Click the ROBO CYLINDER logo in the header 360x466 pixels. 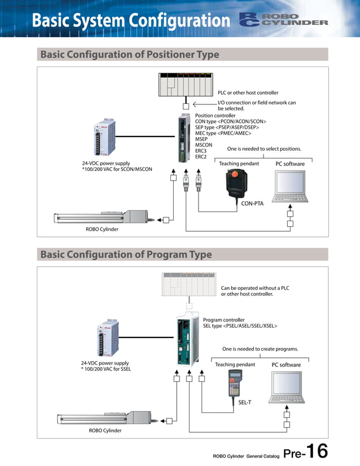coord(283,20)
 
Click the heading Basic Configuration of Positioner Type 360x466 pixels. coord(129,55)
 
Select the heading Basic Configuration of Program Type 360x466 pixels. coord(126,254)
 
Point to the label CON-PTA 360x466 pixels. coord(252,204)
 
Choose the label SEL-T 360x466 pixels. coord(244,402)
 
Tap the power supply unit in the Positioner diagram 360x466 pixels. coord(106,138)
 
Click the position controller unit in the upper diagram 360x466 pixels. coord(185,139)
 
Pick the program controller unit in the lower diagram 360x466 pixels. coord(188,341)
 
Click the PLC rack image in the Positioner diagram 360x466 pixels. coord(186,85)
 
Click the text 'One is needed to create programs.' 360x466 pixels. coord(260,349)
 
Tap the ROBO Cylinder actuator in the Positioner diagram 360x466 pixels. coord(101,218)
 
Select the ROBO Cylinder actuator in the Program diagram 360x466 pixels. coord(104,418)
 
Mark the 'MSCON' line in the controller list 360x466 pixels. coord(204,145)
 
